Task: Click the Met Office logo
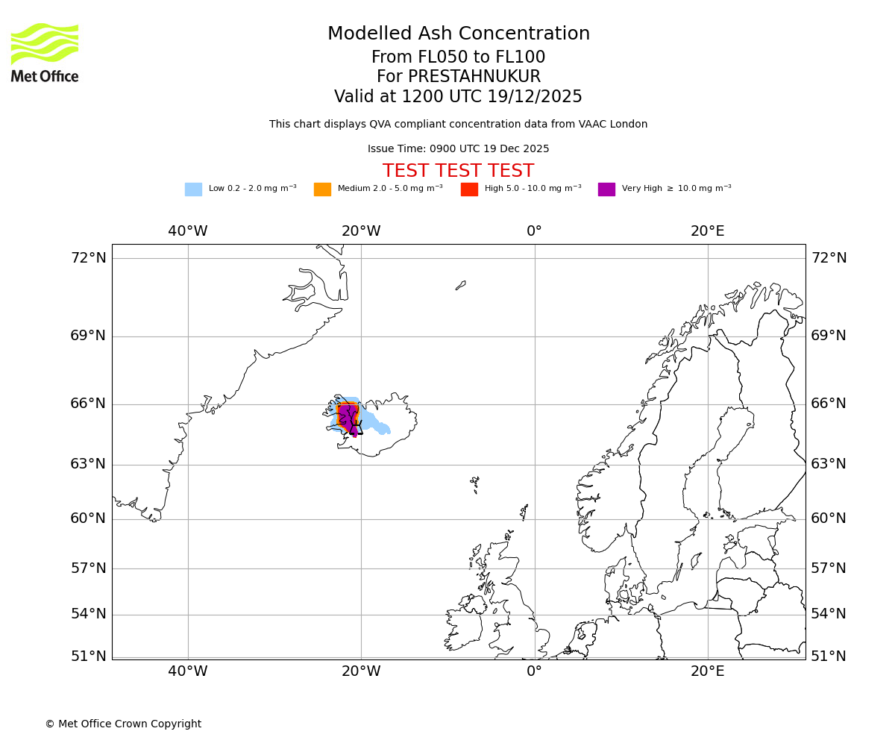pyautogui.click(x=45, y=52)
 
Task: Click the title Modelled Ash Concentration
pyautogui.click(x=458, y=34)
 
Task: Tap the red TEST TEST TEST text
pyautogui.click(x=458, y=171)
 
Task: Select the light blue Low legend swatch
pyautogui.click(x=193, y=189)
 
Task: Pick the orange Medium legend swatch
pyautogui.click(x=322, y=189)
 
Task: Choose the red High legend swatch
pyautogui.click(x=469, y=189)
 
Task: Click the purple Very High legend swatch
pyautogui.click(x=606, y=189)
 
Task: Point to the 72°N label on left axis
pyautogui.click(x=88, y=258)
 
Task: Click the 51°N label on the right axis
pyautogui.click(x=829, y=656)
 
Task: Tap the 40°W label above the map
pyautogui.click(x=187, y=231)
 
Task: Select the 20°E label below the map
pyautogui.click(x=707, y=671)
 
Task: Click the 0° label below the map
pyautogui.click(x=534, y=671)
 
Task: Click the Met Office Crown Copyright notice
pyautogui.click(x=123, y=724)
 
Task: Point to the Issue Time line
pyautogui.click(x=458, y=149)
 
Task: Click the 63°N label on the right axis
pyautogui.click(x=829, y=464)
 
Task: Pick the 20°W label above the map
pyautogui.click(x=361, y=231)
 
